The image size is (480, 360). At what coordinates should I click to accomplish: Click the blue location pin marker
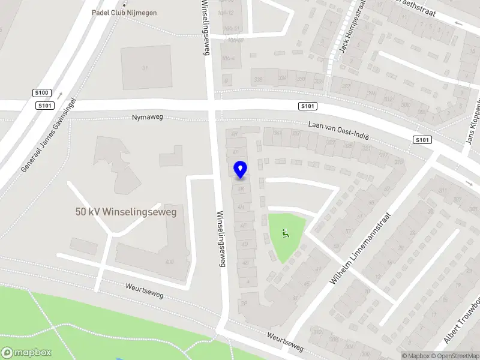tap(240, 169)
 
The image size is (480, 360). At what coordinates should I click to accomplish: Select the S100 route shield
tap(42, 93)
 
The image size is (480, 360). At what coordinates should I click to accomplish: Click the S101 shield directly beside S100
tap(44, 106)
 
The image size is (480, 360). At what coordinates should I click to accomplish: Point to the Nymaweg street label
tap(148, 118)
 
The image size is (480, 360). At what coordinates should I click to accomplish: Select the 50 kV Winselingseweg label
tap(126, 212)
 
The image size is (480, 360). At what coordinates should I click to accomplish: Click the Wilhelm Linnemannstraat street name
tap(361, 249)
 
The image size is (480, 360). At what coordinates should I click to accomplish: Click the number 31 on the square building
tap(145, 68)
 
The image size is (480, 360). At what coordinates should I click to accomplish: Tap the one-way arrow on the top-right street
tap(460, 23)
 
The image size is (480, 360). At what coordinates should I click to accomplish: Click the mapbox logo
tap(26, 353)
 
